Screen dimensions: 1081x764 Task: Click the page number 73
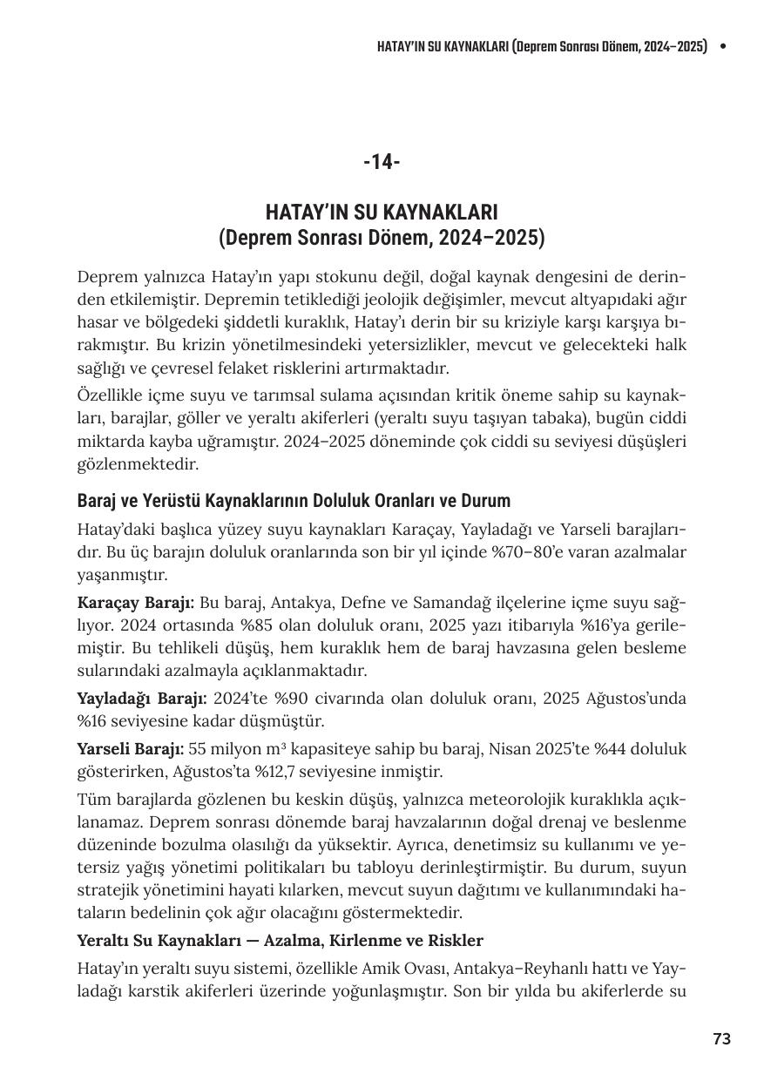coord(721,1038)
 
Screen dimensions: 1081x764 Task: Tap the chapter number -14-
coord(382,162)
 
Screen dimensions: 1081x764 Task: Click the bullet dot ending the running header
coord(722,46)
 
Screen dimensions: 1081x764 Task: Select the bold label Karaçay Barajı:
coord(136,603)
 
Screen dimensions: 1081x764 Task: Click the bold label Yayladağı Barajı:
coord(142,699)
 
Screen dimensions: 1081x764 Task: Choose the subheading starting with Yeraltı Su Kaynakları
coord(280,941)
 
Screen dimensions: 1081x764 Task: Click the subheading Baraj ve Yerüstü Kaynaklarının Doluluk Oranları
coord(294,501)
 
